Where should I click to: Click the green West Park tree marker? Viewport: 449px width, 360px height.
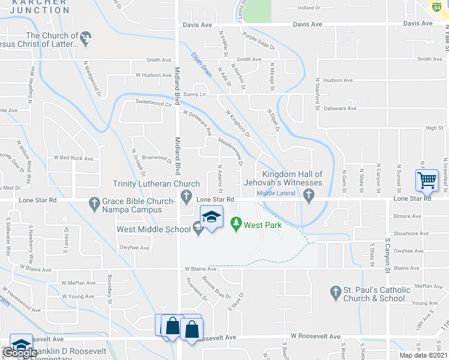coord(237,224)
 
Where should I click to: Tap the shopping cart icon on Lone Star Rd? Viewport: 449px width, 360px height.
coord(427,179)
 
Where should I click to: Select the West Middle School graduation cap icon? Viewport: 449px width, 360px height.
coord(211,217)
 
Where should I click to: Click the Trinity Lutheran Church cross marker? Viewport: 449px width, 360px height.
coord(186,196)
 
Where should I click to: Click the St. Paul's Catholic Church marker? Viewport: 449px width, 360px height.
coord(336,293)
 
